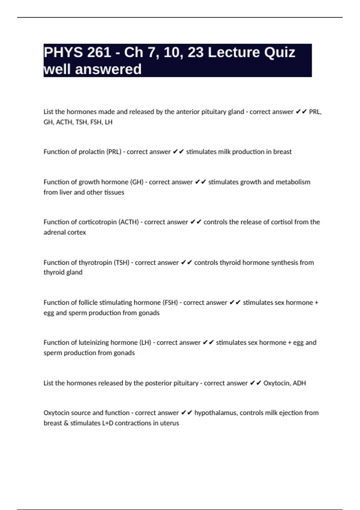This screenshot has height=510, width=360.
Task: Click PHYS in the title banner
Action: [x=63, y=52]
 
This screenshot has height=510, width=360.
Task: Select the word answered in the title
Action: [x=108, y=69]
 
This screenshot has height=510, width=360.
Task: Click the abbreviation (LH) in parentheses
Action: [x=145, y=343]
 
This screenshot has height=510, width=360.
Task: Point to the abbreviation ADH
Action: [x=299, y=383]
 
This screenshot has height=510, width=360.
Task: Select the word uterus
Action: [x=169, y=423]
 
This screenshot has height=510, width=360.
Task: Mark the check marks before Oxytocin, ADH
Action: [x=255, y=383]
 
